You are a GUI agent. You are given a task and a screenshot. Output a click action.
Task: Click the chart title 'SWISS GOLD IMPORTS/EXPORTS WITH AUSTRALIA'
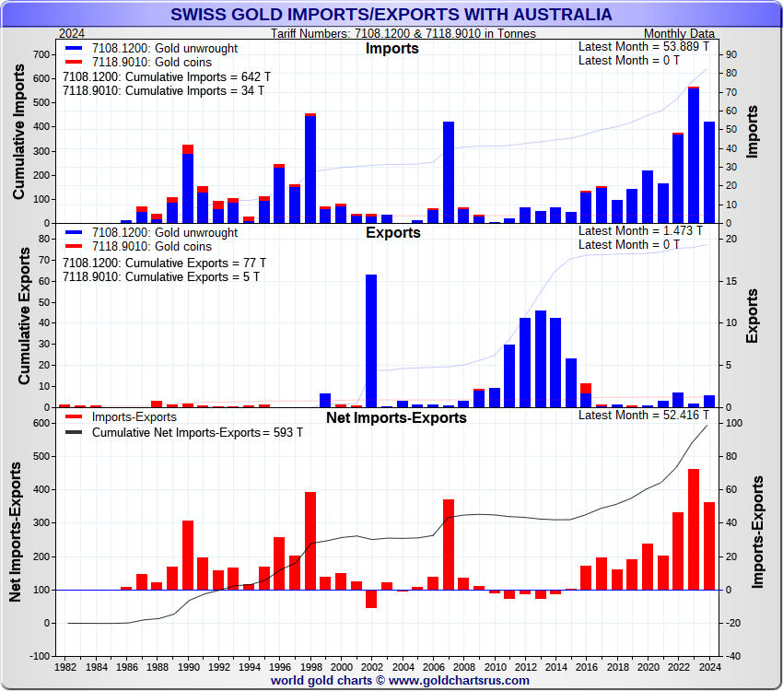coord(391,14)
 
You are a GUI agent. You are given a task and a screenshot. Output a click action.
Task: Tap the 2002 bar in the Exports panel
coord(371,340)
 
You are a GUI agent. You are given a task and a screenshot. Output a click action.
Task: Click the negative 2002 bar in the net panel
coord(371,599)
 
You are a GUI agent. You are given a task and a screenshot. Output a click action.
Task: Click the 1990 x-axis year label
coord(188,666)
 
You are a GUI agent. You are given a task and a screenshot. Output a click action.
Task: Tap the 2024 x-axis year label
coord(708,666)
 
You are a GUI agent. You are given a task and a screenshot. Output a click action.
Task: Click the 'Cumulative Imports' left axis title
coord(19,138)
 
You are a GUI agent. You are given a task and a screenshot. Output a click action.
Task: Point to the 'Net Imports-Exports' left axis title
coord(16,535)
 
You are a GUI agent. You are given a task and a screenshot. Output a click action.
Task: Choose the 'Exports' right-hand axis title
coord(753,316)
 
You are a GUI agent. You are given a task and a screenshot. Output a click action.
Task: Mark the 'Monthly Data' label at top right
coord(679,34)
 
